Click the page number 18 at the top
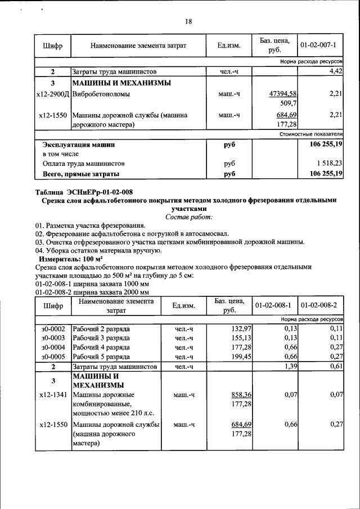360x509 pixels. pos(188,21)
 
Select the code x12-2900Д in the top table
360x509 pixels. pos(52,94)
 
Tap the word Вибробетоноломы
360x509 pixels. pos(101,94)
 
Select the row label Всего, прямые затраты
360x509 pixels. pos(81,174)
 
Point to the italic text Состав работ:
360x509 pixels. pos(188,217)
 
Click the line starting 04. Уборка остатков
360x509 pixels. pos(98,250)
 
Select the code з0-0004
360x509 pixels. pos(53,347)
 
